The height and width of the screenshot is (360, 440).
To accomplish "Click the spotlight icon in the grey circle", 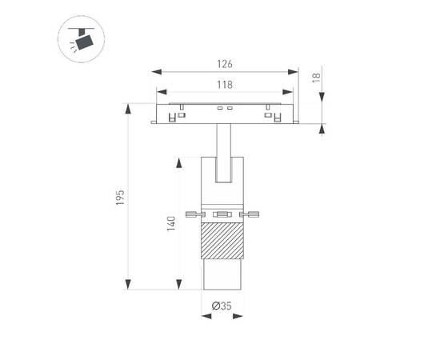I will click(x=82, y=39).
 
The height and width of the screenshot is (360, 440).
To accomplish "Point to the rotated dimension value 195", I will click(x=118, y=198).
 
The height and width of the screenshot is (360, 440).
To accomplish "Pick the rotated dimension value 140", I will click(x=170, y=225).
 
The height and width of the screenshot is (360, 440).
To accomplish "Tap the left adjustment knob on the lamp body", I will click(x=192, y=214).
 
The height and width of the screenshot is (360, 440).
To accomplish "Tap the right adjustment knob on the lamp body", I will click(x=253, y=214).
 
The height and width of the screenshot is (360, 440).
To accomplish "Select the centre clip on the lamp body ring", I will click(x=222, y=214).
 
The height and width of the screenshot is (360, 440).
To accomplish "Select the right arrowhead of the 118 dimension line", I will click(x=292, y=92).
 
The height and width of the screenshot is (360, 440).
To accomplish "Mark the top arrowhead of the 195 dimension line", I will click(x=128, y=107).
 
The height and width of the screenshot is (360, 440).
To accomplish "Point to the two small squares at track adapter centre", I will click(x=224, y=108).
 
